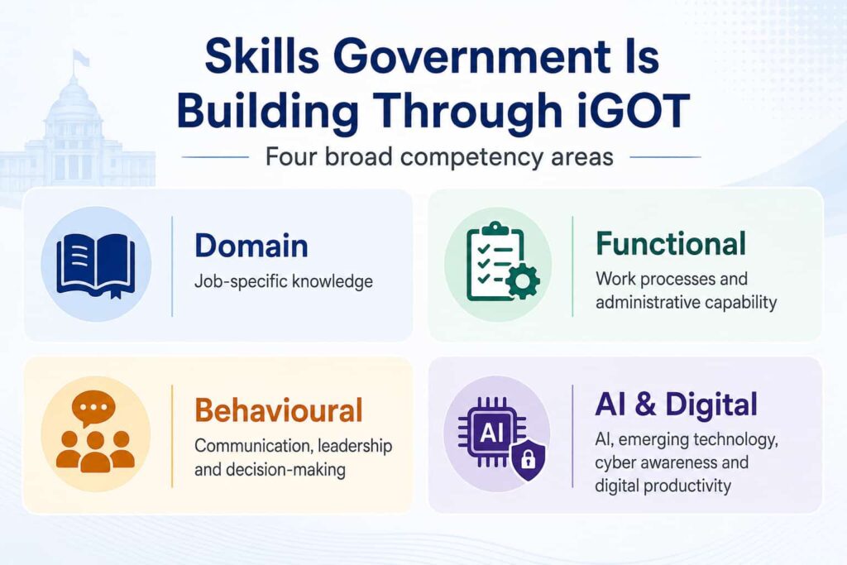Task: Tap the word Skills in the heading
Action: [x=262, y=56]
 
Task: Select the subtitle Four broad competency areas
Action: [x=439, y=157]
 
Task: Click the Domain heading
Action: [x=251, y=246]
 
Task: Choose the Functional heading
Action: [x=671, y=243]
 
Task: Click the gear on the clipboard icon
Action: [x=521, y=281]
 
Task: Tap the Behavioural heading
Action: [x=278, y=410]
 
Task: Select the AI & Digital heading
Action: [x=677, y=404]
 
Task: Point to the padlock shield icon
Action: [x=528, y=459]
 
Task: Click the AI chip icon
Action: [x=491, y=432]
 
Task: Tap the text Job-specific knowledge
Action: [x=284, y=281]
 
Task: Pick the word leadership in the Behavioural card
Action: [x=355, y=446]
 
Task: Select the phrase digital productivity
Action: [x=663, y=486]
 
